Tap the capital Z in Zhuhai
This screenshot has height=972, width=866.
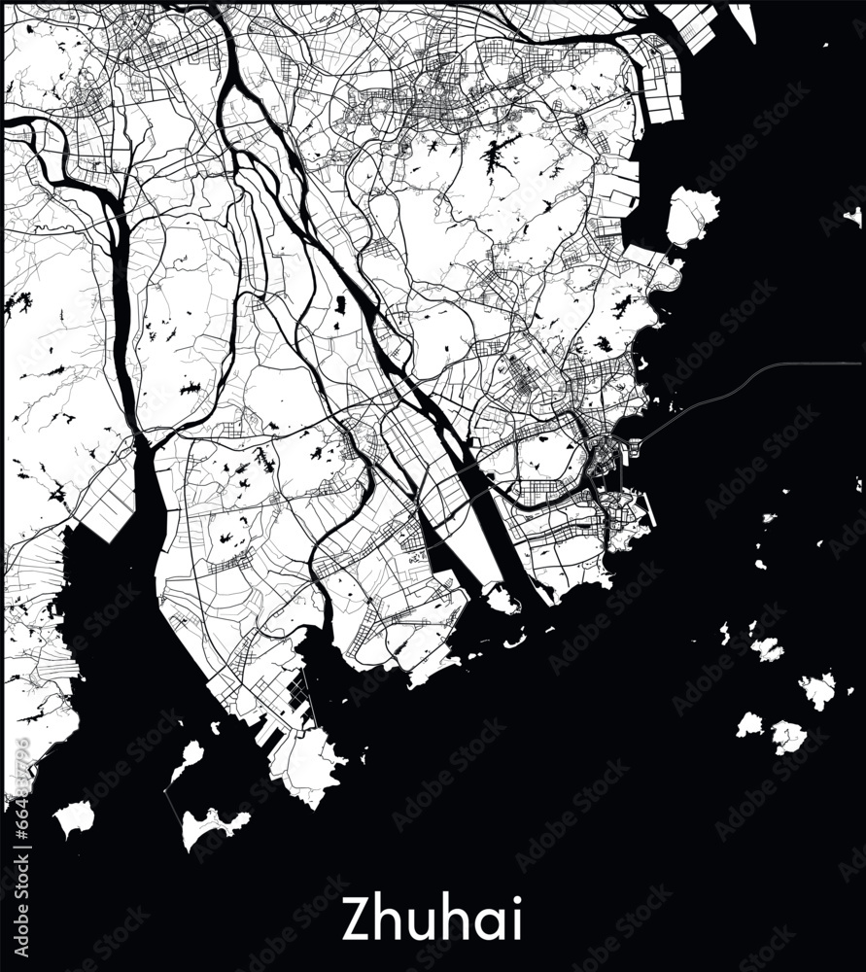click(x=356, y=919)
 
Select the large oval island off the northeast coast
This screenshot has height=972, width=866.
click(x=692, y=215)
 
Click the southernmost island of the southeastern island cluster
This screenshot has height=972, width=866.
click(x=787, y=736)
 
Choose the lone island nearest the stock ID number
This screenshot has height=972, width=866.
click(x=73, y=817)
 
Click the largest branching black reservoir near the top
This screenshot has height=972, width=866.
click(x=498, y=153)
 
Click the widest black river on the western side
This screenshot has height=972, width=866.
click(x=122, y=292)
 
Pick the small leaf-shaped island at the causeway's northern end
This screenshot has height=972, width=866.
click(x=188, y=757)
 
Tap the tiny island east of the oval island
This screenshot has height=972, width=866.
click(x=853, y=215)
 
